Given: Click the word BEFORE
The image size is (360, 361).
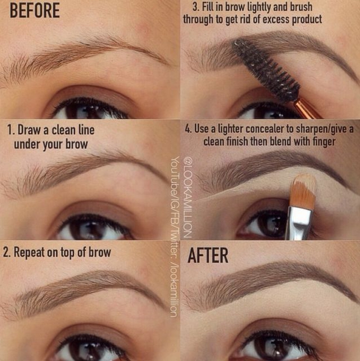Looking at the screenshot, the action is (35, 11).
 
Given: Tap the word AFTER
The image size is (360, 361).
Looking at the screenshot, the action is (208, 255).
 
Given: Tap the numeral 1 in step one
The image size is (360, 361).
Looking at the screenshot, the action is (10, 129).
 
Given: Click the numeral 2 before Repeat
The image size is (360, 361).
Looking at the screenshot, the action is (6, 253).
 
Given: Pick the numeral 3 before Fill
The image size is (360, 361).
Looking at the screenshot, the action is (196, 7).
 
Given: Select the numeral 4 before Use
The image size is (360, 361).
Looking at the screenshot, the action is (188, 128).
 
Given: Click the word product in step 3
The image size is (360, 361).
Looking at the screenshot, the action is (307, 20).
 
